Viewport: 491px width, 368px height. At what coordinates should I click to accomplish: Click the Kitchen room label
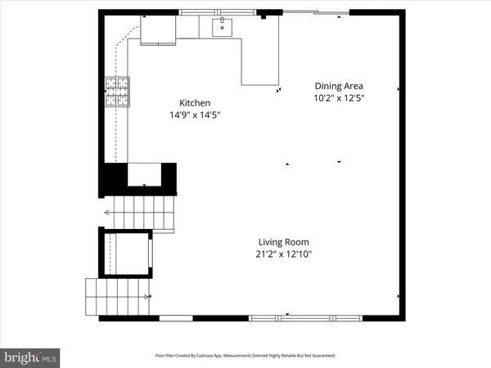pyautogui.click(x=196, y=103)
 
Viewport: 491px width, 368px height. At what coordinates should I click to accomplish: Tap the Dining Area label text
pyautogui.click(x=339, y=86)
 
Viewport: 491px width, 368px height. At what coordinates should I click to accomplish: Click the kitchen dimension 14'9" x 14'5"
pyautogui.click(x=196, y=115)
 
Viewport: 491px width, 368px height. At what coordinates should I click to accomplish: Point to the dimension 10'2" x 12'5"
pyautogui.click(x=339, y=98)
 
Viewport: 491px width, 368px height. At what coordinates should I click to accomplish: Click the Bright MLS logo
pyautogui.click(x=31, y=357)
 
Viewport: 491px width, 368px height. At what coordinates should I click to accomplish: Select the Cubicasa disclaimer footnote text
pyautogui.click(x=245, y=356)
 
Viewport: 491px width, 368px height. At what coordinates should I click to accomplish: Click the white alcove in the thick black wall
pyautogui.click(x=144, y=174)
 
